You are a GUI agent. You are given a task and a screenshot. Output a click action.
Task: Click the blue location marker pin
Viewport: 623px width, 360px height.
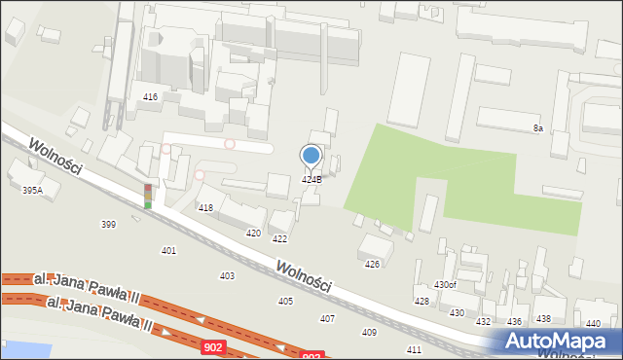tap(311, 156)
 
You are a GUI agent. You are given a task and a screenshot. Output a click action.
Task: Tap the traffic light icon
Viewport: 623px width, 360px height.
tap(148, 196)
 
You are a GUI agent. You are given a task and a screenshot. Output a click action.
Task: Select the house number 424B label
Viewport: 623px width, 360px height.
tap(311, 180)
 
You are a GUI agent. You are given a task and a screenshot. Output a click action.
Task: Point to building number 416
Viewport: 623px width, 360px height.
tap(150, 97)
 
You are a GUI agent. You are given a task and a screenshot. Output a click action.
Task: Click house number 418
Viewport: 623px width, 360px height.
tap(205, 208)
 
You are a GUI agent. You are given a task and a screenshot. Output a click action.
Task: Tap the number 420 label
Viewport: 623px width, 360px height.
tap(253, 234)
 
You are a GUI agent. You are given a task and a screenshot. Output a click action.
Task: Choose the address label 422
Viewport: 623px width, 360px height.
tap(279, 239)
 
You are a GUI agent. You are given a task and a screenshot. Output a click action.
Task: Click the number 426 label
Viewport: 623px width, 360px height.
tap(372, 265)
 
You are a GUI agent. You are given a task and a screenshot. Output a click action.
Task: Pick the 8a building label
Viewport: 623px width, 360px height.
tap(537, 128)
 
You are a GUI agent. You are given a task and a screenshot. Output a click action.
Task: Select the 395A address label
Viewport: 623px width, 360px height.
tap(33, 192)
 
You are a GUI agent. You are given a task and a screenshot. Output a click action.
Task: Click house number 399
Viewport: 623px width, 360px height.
tap(108, 225)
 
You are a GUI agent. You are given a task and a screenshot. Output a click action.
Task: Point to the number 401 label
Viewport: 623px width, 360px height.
tap(168, 251)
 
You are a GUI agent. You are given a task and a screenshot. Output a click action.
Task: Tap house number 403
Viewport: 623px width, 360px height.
tap(227, 276)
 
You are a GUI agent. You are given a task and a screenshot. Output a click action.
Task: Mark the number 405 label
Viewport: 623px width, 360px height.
tap(285, 302)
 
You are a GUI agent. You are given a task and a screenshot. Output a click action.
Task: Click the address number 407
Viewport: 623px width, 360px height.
tap(327, 319)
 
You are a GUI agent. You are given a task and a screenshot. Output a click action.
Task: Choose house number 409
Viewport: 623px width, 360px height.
tap(369, 333)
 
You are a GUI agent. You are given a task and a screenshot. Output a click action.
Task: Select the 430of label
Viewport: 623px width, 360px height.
tap(445, 285)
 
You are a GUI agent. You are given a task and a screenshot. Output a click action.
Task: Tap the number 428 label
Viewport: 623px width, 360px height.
tap(421, 302)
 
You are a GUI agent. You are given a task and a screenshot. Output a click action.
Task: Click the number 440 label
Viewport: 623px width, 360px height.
tap(593, 323)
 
